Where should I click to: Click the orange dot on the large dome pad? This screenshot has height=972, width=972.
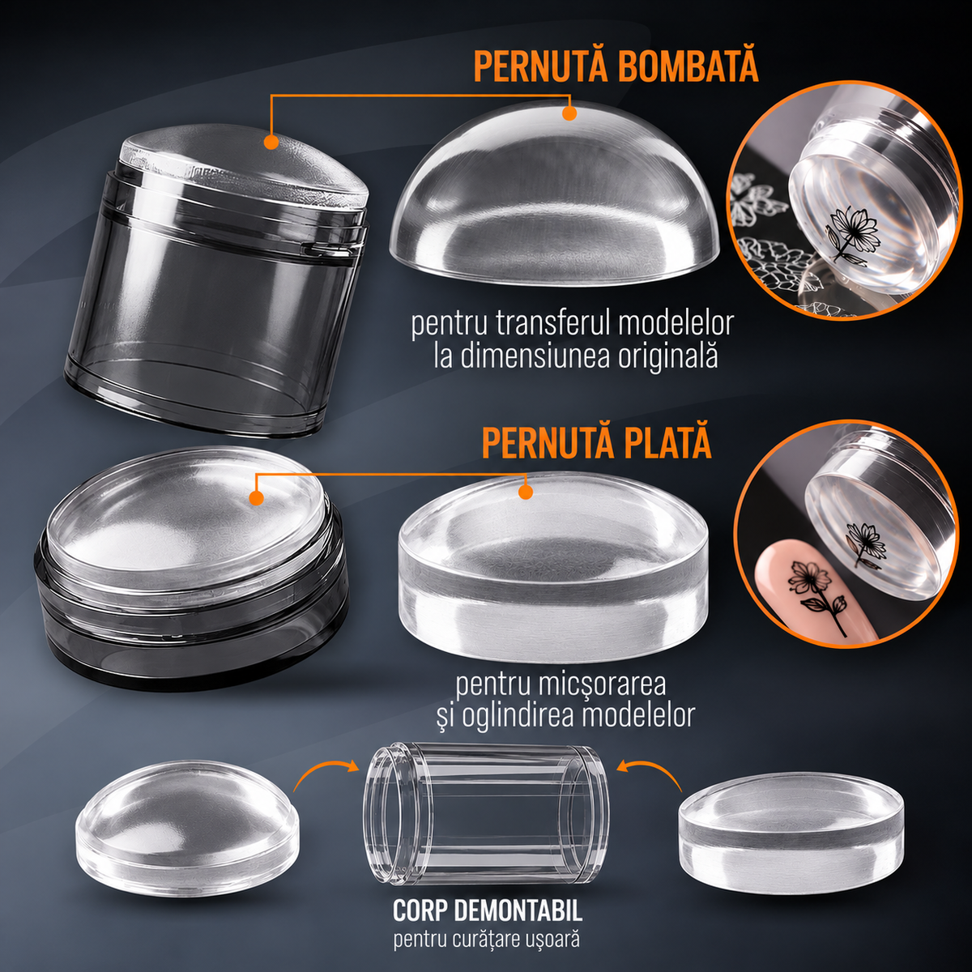click(569, 114)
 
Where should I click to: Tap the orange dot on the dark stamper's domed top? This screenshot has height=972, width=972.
click(271, 142)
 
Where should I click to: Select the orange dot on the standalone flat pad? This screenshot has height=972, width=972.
click(526, 492)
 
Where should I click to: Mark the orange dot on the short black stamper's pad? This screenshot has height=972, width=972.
click(257, 498)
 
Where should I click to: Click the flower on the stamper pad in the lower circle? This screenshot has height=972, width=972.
click(865, 544)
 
